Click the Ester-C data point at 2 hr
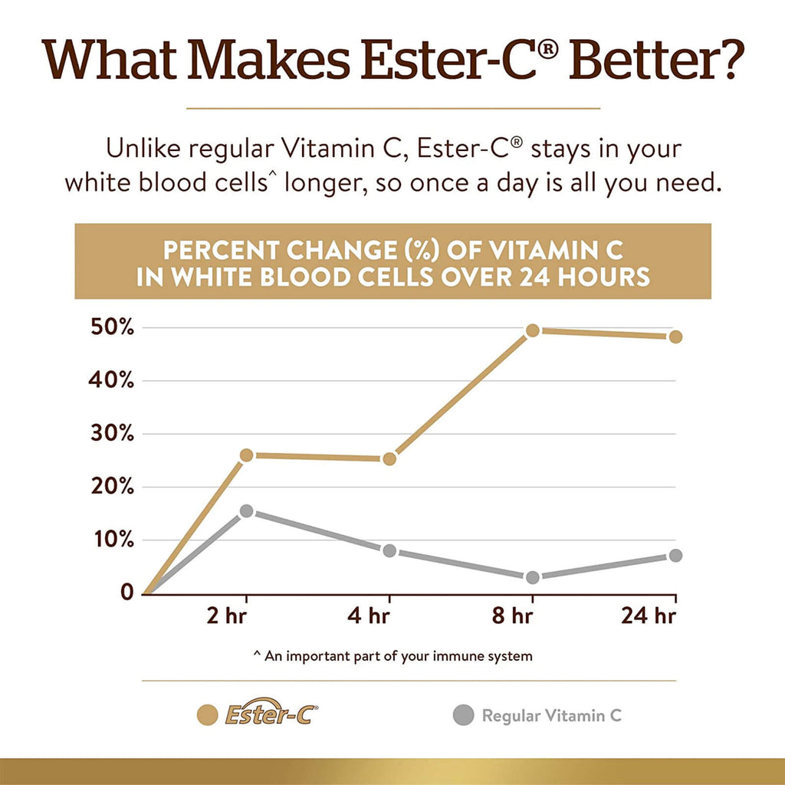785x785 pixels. click(246, 455)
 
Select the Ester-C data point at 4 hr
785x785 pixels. click(389, 459)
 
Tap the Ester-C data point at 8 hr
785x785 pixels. click(533, 330)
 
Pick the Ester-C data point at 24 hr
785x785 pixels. click(675, 337)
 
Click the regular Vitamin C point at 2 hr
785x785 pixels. click(246, 511)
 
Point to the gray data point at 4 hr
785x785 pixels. click(389, 550)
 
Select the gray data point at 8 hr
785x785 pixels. click(533, 577)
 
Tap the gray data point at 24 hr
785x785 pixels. click(675, 555)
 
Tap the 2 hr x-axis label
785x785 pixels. click(227, 616)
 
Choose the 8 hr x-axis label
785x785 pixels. click(512, 616)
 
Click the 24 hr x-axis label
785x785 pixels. click(649, 616)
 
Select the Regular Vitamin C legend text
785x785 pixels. click(551, 716)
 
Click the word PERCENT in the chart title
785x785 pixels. click(218, 251)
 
